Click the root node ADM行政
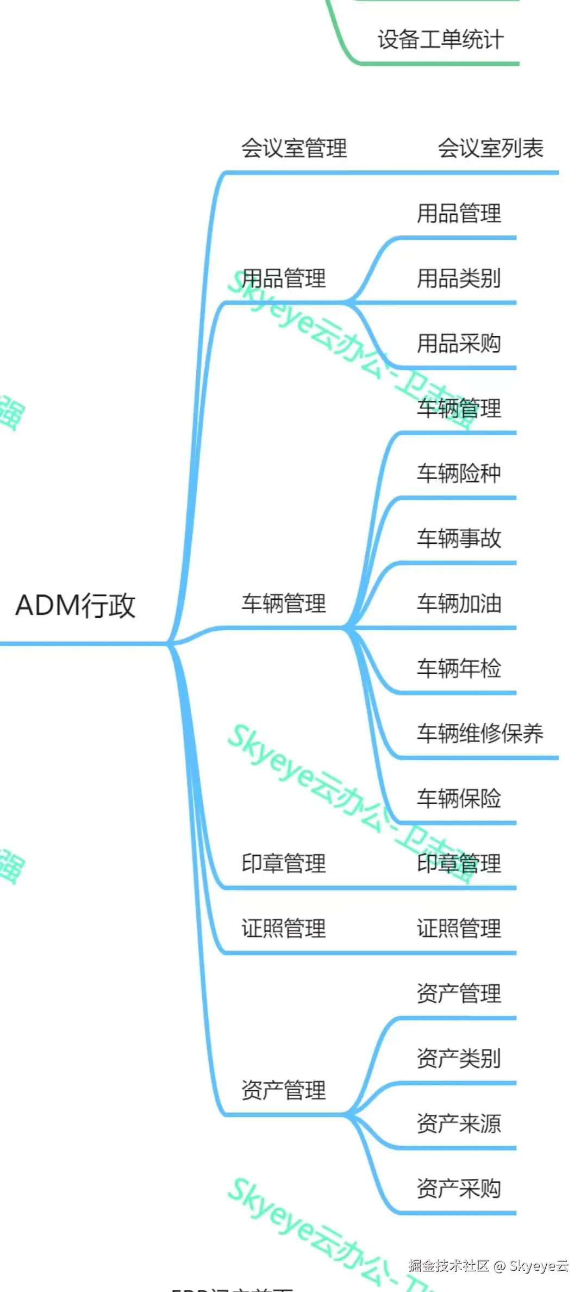pos(75,605)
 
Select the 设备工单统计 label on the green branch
pos(440,40)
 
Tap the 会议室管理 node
pos(294,148)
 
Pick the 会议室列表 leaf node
pos(490,148)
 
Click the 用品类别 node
pos(459,278)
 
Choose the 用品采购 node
pos(459,344)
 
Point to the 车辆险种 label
pos(459,473)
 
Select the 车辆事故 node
pos(459,538)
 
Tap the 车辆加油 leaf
pos(459,604)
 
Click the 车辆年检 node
pos(459,668)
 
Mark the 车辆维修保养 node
pos(480,734)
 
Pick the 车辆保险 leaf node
pos(459,798)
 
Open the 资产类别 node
pos(459,1058)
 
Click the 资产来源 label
pos(459,1123)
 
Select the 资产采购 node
pos(459,1189)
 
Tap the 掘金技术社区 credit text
pos(449,1266)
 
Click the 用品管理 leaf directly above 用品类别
pos(459,213)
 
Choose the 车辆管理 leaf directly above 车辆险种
pos(459,408)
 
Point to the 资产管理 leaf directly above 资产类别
pos(459,993)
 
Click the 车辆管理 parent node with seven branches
pos(284,604)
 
